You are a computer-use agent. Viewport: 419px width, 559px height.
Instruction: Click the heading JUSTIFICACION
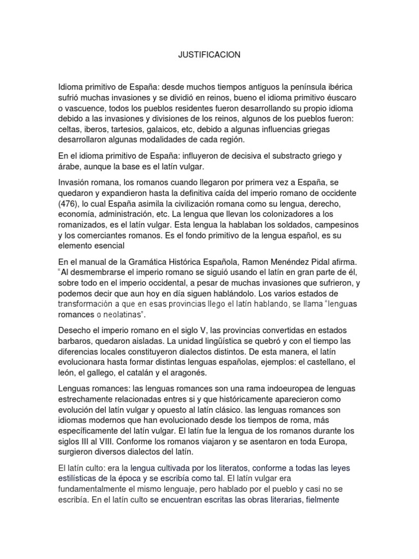click(x=209, y=55)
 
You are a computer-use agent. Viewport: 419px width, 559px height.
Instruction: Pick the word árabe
click(x=70, y=166)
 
